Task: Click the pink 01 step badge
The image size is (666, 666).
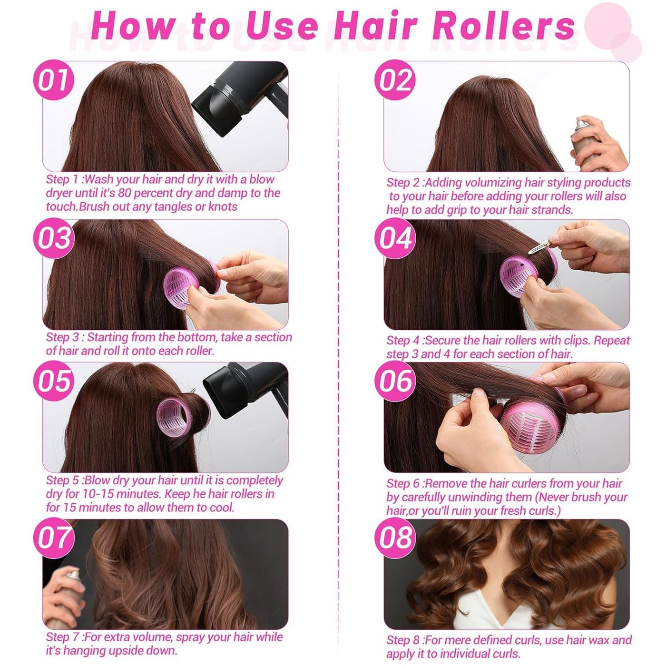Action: coord(54,80)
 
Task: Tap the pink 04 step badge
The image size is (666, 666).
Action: coord(395,238)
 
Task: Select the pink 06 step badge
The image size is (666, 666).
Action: coord(395,381)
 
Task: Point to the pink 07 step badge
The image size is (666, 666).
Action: coord(54,538)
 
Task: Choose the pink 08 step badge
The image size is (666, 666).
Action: coord(395,538)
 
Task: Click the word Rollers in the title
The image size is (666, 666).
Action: coord(504,26)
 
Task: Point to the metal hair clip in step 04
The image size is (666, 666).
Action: coord(539,248)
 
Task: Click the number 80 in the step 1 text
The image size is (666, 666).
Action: coord(124,193)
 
